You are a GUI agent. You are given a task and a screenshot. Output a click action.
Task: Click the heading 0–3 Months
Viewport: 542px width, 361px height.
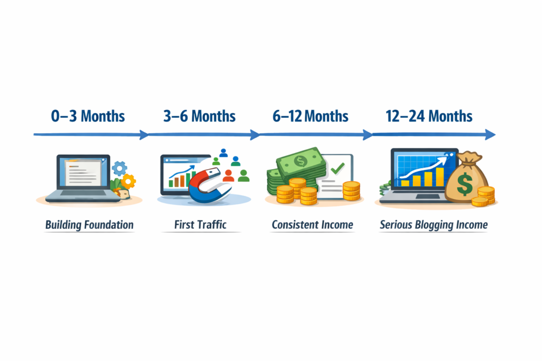pos(88,116)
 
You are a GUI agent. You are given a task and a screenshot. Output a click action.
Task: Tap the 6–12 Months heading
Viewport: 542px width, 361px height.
pos(311,116)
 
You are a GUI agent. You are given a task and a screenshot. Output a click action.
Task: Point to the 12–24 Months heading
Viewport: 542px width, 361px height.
pos(429,116)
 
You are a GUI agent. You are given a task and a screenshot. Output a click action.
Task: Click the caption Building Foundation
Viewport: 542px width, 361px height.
pos(89,225)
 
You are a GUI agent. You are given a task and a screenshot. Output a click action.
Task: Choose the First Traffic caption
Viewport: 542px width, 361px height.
pos(200,225)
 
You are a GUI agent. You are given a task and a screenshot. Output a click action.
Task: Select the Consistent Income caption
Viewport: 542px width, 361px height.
pos(312,225)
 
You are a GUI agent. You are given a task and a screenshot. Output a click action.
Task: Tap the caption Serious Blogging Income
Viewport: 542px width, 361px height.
pos(433,225)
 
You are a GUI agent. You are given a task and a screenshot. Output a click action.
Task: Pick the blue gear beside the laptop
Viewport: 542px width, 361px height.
pos(120,169)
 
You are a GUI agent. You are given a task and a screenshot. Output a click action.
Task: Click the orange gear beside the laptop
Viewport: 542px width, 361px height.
pos(128,181)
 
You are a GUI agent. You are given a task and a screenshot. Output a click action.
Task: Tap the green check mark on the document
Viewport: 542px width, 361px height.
pos(337,169)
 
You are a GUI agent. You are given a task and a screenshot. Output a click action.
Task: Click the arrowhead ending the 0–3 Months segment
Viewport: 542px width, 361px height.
pos(144,135)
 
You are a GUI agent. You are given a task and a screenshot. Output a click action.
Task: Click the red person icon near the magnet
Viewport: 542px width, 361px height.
pos(229,175)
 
